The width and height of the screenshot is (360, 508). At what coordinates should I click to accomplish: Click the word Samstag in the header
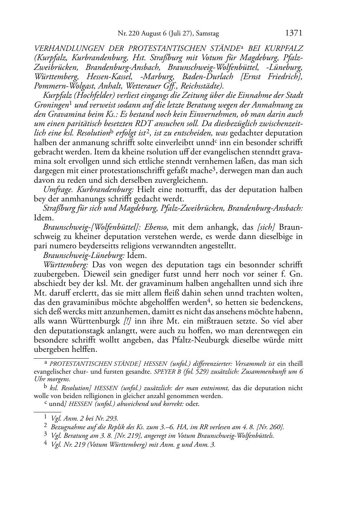[208, 34]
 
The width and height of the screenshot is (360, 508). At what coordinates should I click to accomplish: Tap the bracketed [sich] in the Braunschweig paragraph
[266, 227]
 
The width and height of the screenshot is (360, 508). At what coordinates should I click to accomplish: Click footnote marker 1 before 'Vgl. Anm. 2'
[46, 417]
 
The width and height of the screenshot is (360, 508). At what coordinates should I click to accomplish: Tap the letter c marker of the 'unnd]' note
[45, 403]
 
